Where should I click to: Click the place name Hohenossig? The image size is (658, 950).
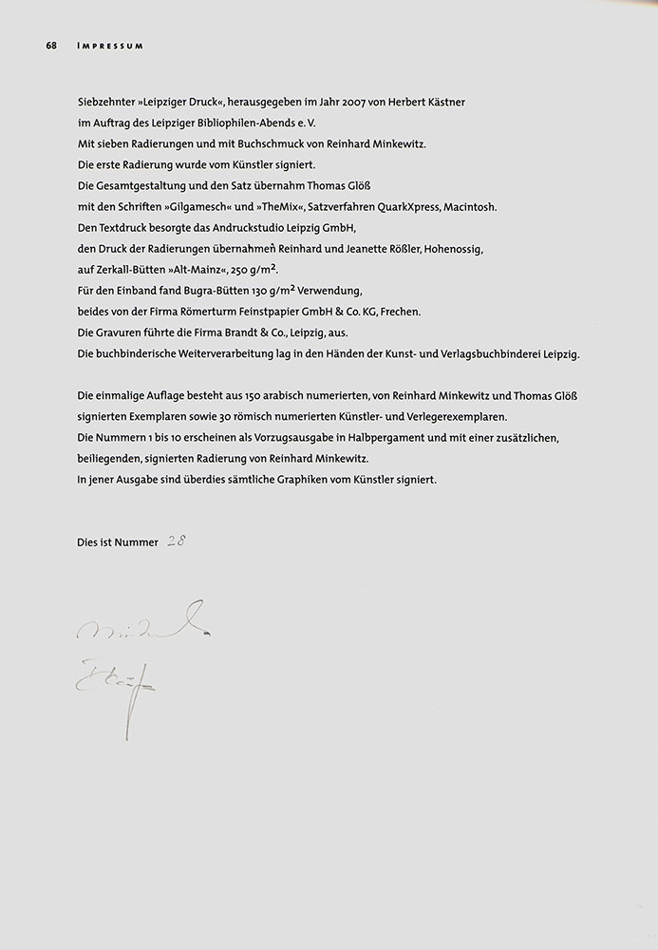click(x=451, y=249)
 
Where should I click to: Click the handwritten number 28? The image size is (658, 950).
click(x=176, y=541)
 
